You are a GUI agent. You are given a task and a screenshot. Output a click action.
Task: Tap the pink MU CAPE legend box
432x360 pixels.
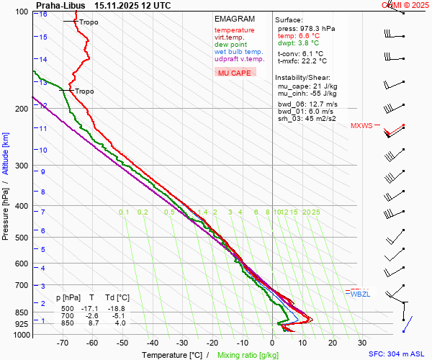pos(235,73)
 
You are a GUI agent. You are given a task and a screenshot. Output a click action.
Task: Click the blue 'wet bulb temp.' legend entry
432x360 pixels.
pos(238,52)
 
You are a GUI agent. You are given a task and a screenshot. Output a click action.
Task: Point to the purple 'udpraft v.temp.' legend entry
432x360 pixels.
pos(239,59)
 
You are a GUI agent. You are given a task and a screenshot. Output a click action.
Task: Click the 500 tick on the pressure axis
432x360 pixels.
pos(22,238)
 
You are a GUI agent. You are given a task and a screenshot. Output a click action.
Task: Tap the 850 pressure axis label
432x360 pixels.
pos(22,312)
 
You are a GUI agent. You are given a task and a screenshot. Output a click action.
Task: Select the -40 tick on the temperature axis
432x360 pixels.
pos(153,343)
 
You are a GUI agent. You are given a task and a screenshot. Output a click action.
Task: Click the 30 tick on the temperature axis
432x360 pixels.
pos(361,343)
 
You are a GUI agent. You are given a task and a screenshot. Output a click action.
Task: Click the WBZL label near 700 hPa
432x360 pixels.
pos(360,294)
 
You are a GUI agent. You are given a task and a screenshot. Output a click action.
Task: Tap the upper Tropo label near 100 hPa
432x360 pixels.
pos(89,22)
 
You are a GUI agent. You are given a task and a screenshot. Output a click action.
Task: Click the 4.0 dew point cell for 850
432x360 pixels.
pos(120,323)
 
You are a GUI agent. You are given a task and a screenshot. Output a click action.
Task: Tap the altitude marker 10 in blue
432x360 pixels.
pos(43,150)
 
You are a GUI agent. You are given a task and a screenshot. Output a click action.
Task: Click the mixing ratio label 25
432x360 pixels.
pos(315,212)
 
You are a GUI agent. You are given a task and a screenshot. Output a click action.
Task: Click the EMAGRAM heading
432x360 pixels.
pos(235,19)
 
